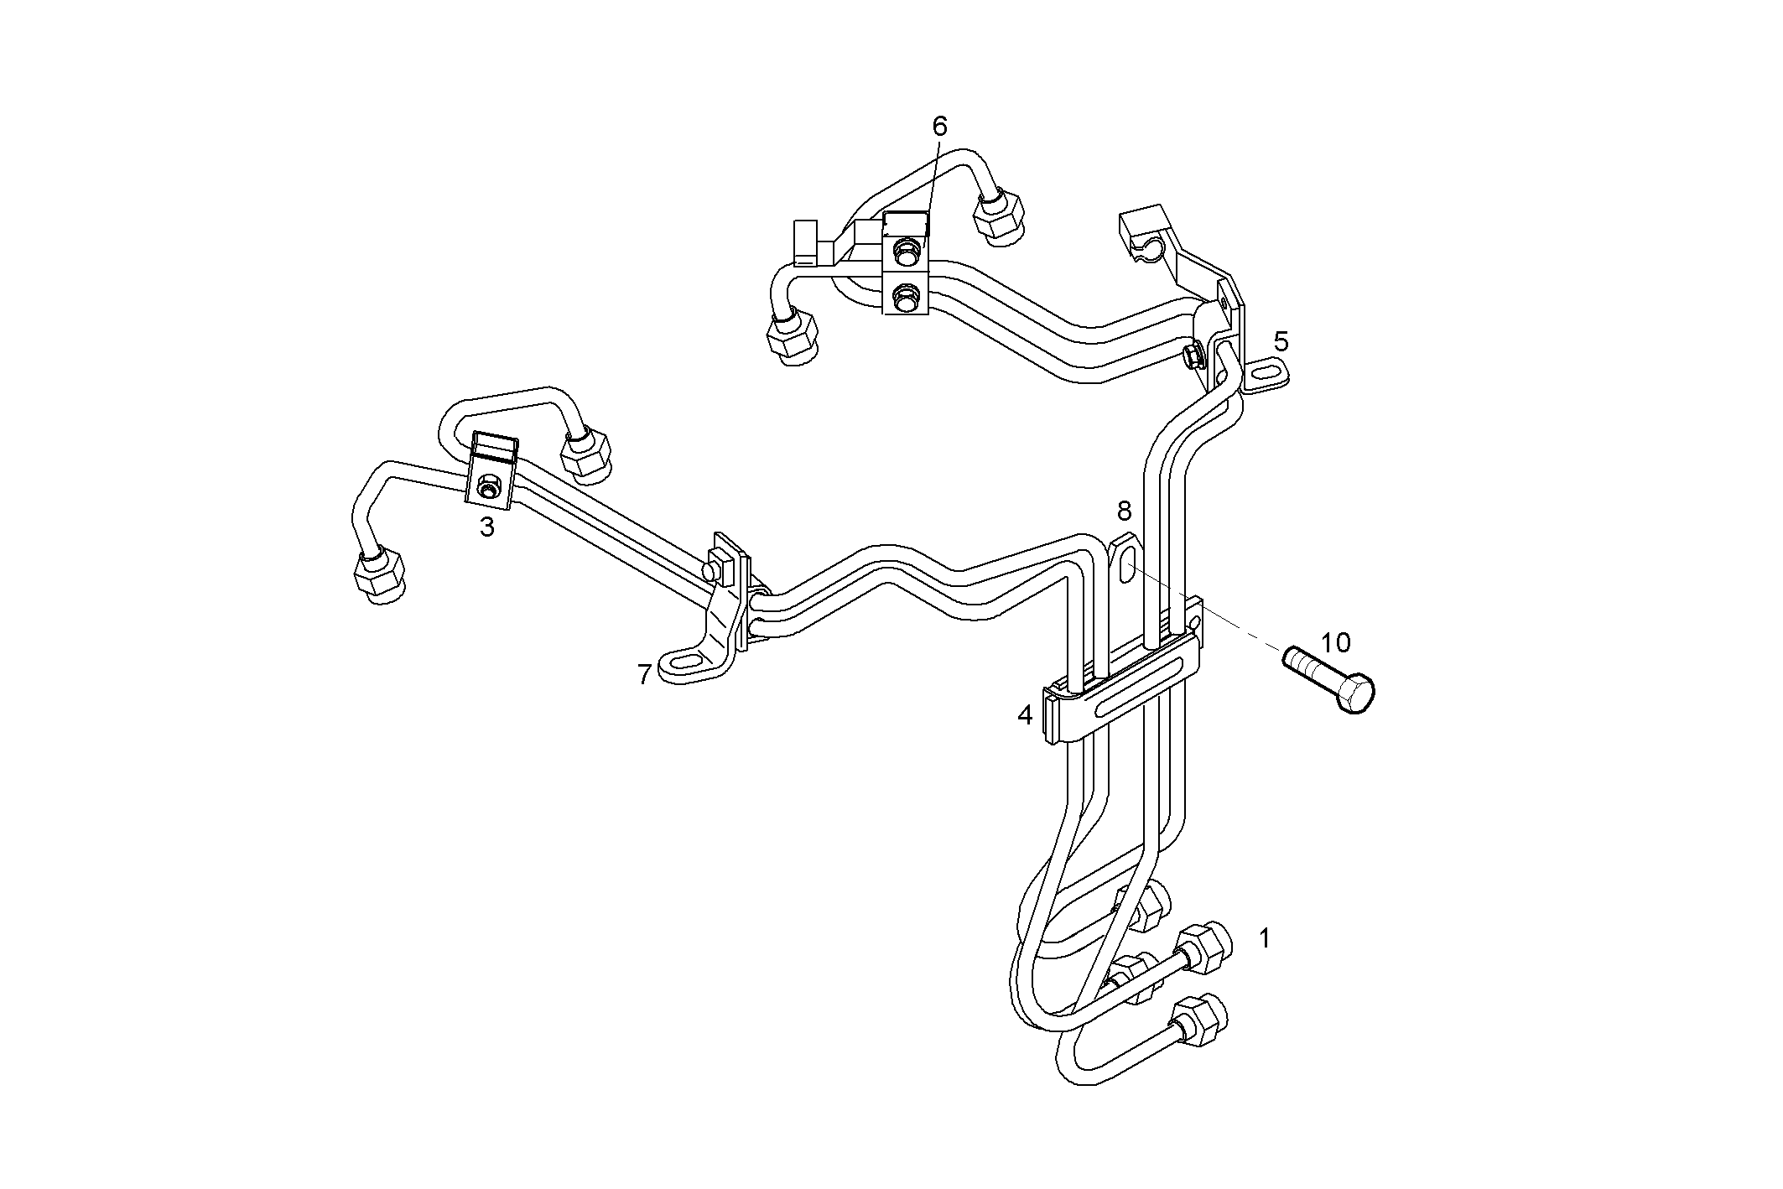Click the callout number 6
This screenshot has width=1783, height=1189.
tap(939, 127)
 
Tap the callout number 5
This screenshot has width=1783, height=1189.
tap(1281, 341)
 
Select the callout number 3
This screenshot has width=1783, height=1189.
tap(487, 527)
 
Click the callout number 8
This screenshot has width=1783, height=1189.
tap(1124, 511)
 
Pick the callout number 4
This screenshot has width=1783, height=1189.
tap(1025, 715)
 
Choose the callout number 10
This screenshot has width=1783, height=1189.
tap(1336, 643)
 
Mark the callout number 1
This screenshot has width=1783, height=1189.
tap(1265, 938)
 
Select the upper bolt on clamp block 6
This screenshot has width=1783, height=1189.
tap(906, 248)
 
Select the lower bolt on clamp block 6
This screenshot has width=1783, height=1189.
tap(906, 294)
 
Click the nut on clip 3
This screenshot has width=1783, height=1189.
tap(487, 487)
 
